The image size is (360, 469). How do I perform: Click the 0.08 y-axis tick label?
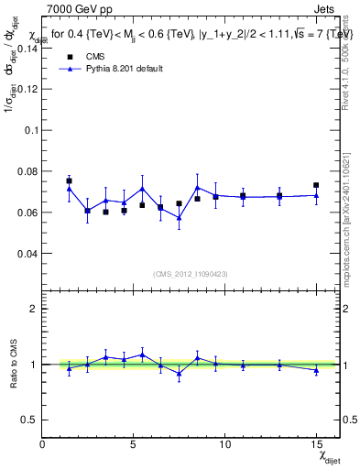click(x=28, y=171)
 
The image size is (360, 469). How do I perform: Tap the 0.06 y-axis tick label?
click(x=28, y=212)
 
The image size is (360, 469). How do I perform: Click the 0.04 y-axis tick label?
click(x=28, y=252)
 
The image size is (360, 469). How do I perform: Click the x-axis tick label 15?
click(x=316, y=444)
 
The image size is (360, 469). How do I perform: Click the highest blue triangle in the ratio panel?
click(x=142, y=354)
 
